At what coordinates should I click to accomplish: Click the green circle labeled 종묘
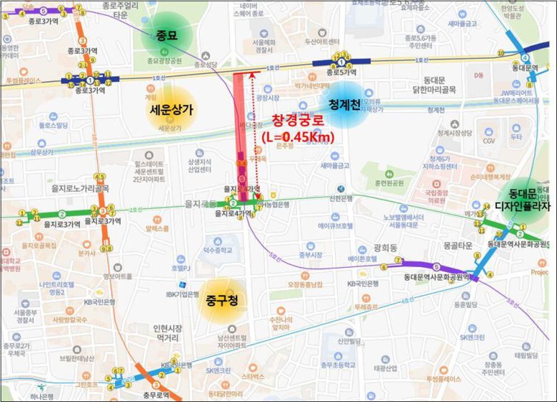coord(166,35)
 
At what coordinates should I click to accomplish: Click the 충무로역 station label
coord(155,395)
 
